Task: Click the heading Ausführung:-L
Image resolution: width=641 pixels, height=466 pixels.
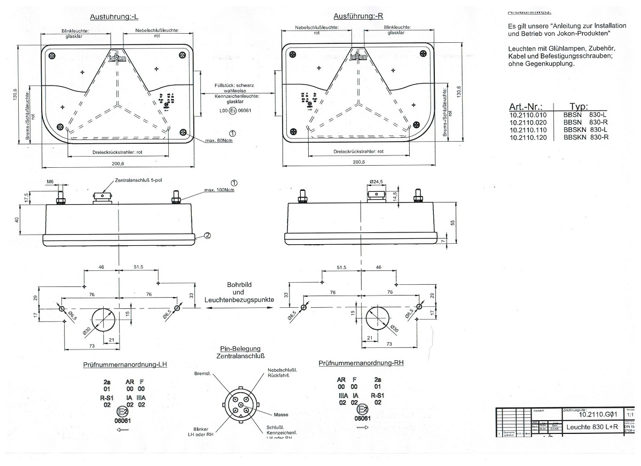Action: (114, 17)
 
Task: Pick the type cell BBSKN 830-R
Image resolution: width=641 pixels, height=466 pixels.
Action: (585, 137)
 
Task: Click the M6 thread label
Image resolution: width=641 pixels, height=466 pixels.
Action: (50, 182)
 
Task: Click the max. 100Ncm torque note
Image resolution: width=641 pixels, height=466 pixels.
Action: (220, 190)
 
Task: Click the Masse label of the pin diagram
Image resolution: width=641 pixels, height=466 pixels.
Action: (281, 415)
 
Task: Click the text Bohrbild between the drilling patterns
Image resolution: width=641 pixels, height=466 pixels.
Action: (238, 284)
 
